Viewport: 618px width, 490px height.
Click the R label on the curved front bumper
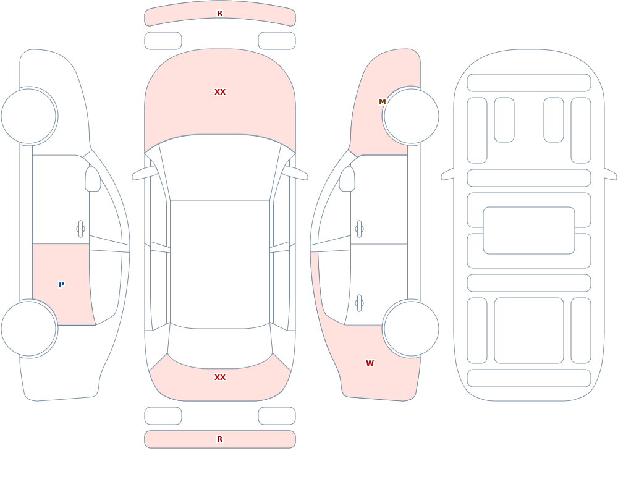point(219,14)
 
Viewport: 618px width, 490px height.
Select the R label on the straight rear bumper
point(219,439)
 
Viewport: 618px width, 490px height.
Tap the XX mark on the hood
point(220,92)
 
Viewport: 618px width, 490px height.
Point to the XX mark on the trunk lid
point(220,378)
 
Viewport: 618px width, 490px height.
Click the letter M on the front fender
point(382,102)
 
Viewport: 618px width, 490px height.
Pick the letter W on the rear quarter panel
point(370,363)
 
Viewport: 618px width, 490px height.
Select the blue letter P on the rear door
point(61,285)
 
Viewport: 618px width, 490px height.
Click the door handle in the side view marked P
point(80,229)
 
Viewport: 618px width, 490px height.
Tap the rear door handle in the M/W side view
point(359,303)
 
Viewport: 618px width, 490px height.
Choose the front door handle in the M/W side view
point(359,229)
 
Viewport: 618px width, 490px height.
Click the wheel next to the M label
point(411,116)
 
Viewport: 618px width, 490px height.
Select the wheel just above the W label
point(411,329)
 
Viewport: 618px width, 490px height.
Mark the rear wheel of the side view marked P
point(29,329)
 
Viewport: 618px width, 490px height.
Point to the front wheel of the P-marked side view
point(29,116)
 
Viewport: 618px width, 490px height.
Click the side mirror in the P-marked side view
point(93,179)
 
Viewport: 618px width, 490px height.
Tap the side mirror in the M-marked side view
point(347,179)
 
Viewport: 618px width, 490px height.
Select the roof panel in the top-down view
point(220,264)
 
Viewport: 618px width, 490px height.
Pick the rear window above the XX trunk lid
point(220,346)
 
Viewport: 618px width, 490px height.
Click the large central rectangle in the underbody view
point(529,230)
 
